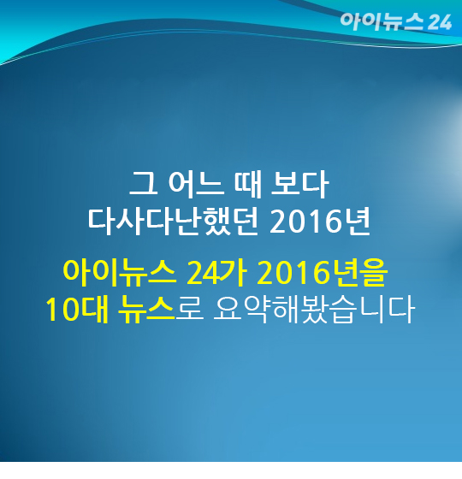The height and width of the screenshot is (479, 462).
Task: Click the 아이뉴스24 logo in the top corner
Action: (395, 21)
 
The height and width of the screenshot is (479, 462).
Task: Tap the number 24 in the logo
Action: (440, 22)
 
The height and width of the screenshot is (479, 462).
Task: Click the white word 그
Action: (144, 183)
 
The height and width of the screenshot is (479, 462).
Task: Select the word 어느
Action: (194, 184)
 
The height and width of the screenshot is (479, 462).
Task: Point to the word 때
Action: (247, 184)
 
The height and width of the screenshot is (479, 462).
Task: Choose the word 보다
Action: (300, 184)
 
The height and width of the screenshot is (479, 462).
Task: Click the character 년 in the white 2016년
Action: (358, 222)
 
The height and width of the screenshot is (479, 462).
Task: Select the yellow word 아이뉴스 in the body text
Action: (120, 272)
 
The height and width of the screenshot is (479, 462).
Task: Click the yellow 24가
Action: (216, 272)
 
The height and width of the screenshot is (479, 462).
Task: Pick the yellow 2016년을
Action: (322, 272)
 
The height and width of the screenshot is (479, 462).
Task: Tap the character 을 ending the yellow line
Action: (375, 273)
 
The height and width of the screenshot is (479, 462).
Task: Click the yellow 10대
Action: (77, 309)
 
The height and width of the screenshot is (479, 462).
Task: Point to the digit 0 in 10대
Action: (73, 310)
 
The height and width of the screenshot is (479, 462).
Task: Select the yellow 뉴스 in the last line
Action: (146, 309)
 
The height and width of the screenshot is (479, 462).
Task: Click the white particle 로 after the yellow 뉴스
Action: (190, 310)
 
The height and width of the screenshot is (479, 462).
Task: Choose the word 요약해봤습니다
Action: (314, 310)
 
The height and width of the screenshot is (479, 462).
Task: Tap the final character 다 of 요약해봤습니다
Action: (401, 310)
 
